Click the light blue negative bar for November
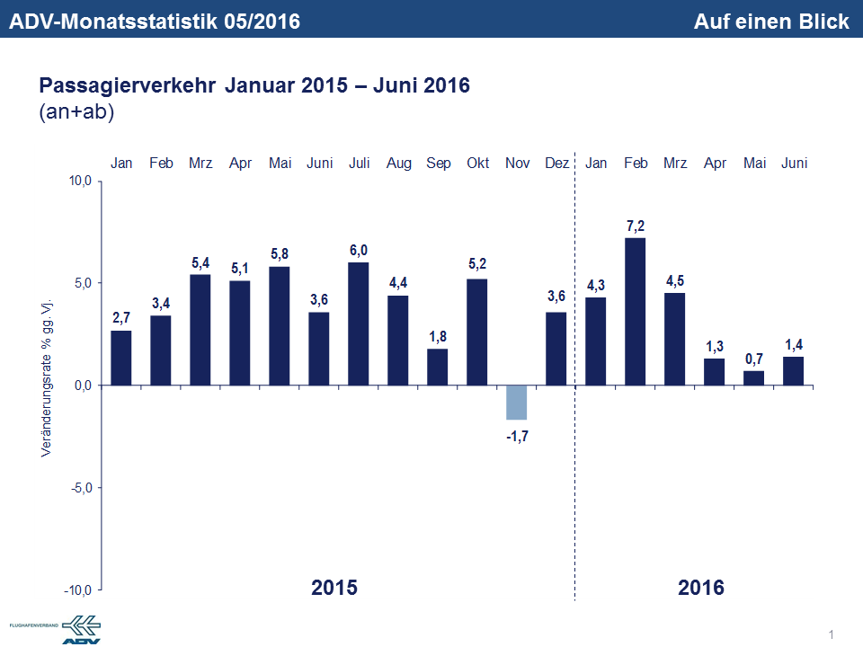(x=516, y=403)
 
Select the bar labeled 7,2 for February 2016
(x=635, y=311)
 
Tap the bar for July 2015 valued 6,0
(x=358, y=323)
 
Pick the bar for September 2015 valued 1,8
(x=437, y=367)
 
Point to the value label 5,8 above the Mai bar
(x=280, y=253)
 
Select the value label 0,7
(x=754, y=358)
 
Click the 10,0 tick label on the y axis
(x=81, y=182)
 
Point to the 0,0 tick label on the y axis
(x=83, y=386)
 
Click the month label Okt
(x=477, y=164)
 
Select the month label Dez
(x=556, y=164)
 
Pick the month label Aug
(x=398, y=164)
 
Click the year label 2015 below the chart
(x=334, y=589)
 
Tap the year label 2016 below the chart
(x=701, y=589)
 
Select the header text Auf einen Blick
(x=771, y=22)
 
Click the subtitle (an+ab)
(x=76, y=112)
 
